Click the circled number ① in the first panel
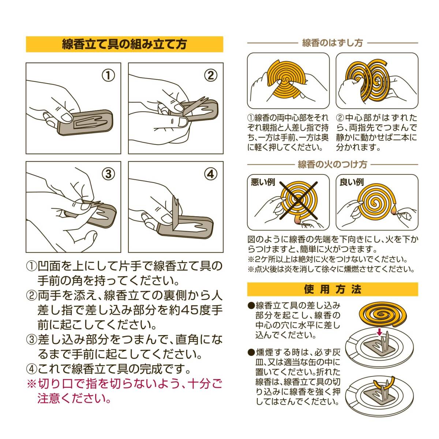tap(108, 76)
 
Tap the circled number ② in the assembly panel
tap(211, 76)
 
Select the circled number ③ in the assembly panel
tap(108, 174)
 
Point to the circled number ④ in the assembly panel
tap(211, 174)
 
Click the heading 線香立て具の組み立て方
tap(124, 44)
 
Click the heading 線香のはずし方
tap(333, 42)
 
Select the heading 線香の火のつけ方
tap(333, 164)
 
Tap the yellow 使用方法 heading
tap(333, 289)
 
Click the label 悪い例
tap(263, 182)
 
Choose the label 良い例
tap(352, 182)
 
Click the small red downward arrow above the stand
tap(379, 332)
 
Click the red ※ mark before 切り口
tap(31, 384)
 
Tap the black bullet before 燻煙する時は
tap(251, 353)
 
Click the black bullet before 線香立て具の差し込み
tap(251, 305)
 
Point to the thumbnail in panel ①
tap(67, 118)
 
